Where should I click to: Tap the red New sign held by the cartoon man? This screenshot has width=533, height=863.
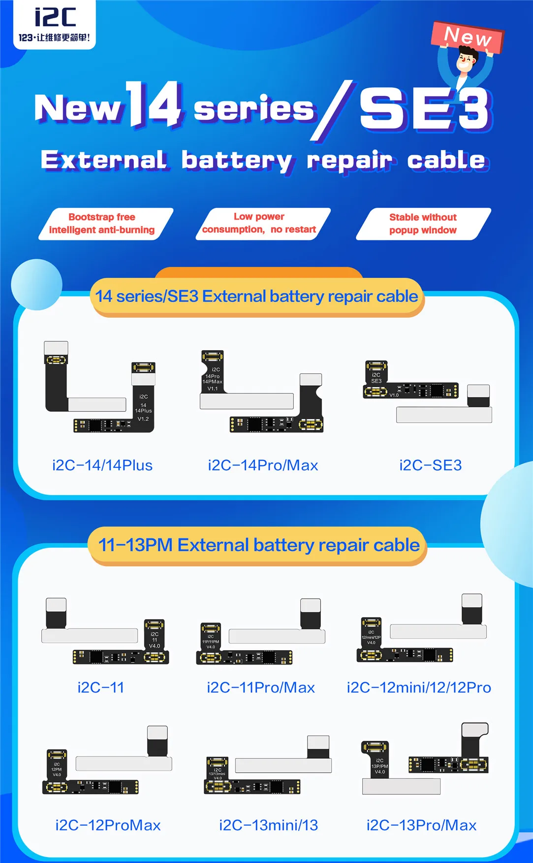click(x=467, y=36)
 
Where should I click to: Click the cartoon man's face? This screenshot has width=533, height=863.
click(x=466, y=62)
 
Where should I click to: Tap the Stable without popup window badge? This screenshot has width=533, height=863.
click(x=423, y=224)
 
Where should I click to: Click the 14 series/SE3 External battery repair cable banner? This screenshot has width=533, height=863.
click(x=256, y=297)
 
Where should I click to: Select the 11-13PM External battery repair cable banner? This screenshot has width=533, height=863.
click(x=258, y=545)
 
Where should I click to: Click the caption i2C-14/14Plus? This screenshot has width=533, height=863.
click(x=102, y=465)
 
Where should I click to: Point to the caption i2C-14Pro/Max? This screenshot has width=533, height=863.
click(x=263, y=465)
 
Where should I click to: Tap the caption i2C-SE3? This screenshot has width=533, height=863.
click(x=430, y=465)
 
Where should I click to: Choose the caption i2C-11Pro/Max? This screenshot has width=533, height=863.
click(x=261, y=687)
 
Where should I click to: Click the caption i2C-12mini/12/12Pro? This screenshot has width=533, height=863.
click(x=419, y=687)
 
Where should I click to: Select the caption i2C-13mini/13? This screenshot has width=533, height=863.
click(x=269, y=825)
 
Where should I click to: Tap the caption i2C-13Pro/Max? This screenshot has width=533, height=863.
click(x=421, y=825)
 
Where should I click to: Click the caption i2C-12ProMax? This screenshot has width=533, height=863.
click(x=108, y=825)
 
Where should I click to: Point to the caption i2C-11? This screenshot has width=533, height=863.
click(x=101, y=687)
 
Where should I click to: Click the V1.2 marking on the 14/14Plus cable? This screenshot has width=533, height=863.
click(x=143, y=419)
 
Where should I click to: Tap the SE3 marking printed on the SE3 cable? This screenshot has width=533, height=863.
click(x=376, y=381)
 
